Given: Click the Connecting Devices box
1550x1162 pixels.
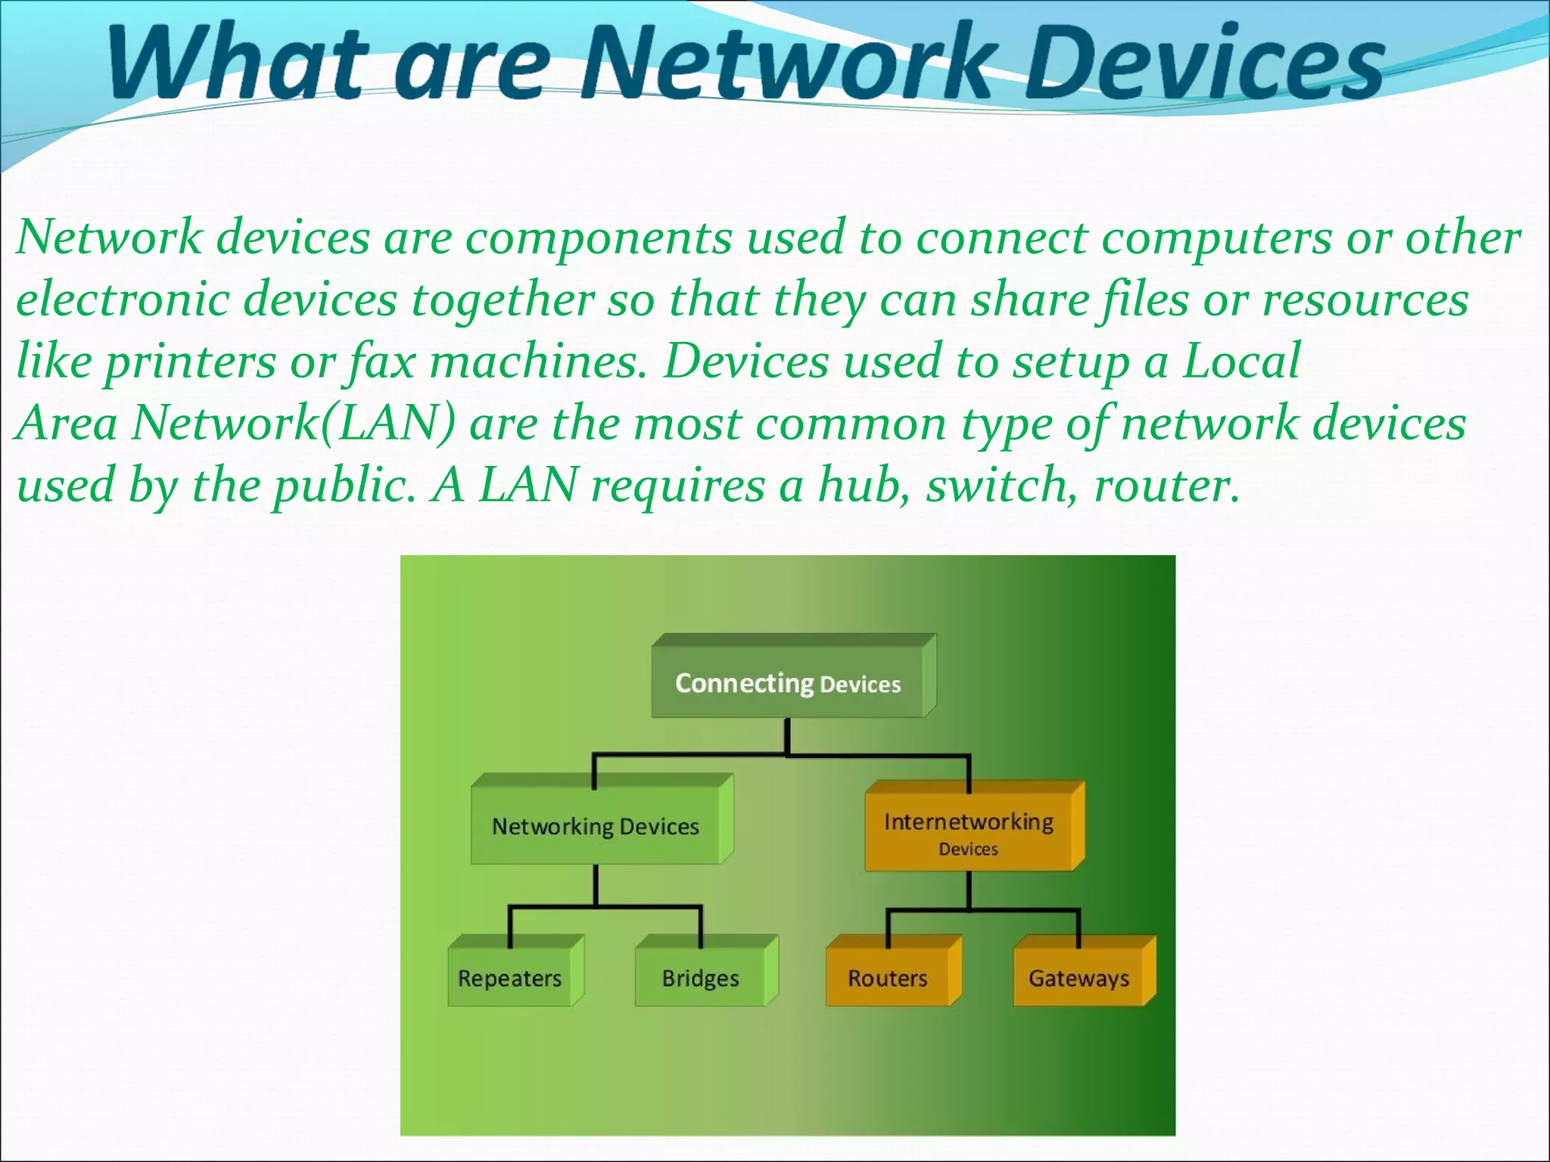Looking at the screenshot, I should point(788,683).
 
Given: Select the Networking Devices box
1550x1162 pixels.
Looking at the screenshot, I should point(596,826).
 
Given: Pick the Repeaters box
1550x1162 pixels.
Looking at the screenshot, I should point(509,978).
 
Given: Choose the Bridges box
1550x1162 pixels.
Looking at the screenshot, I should point(700,978).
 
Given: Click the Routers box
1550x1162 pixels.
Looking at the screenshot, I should point(887,978).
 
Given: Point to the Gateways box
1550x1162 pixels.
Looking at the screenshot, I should point(1078,978).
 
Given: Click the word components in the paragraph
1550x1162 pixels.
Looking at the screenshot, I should point(598,238).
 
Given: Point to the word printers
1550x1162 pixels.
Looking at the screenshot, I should point(189,362).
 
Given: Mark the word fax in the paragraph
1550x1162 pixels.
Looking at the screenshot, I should point(382,362).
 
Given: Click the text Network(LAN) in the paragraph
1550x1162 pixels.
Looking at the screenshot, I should point(294,423).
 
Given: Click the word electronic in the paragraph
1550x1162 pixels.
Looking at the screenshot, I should point(122,299).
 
